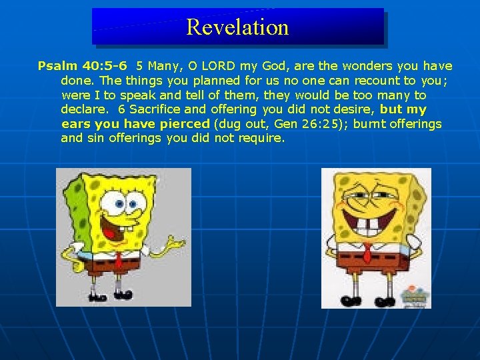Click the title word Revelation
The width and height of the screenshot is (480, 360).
click(237, 27)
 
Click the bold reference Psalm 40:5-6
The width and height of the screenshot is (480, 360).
click(83, 66)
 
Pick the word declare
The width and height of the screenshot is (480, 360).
click(84, 109)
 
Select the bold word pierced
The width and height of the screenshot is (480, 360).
click(184, 124)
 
